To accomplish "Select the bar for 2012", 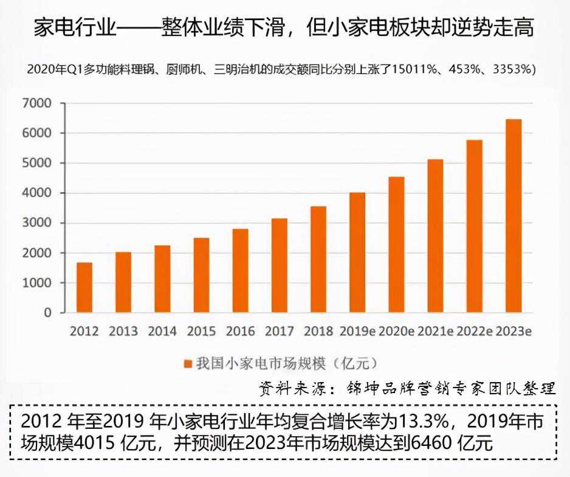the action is pyautogui.click(x=84, y=287).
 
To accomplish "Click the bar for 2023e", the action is pyautogui.click(x=513, y=216).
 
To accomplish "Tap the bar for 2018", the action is pyautogui.click(x=318, y=259).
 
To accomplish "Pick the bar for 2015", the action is pyautogui.click(x=201, y=275).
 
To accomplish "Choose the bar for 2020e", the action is pyautogui.click(x=397, y=245).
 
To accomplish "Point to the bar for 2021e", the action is pyautogui.click(x=436, y=236).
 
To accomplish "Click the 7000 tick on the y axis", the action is pyautogui.click(x=37, y=103).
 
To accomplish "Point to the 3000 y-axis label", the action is pyautogui.click(x=37, y=223).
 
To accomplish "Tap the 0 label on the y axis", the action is pyautogui.click(x=48, y=313).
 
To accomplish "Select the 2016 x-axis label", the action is pyautogui.click(x=240, y=331).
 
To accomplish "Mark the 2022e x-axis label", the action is pyautogui.click(x=475, y=331).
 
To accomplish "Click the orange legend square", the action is pyautogui.click(x=188, y=364).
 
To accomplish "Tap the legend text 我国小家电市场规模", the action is pyautogui.click(x=261, y=363).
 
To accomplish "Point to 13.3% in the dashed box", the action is pyautogui.click(x=424, y=422).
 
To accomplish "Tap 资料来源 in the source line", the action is pyautogui.click(x=292, y=389).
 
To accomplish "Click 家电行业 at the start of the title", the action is pyautogui.click(x=75, y=27).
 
